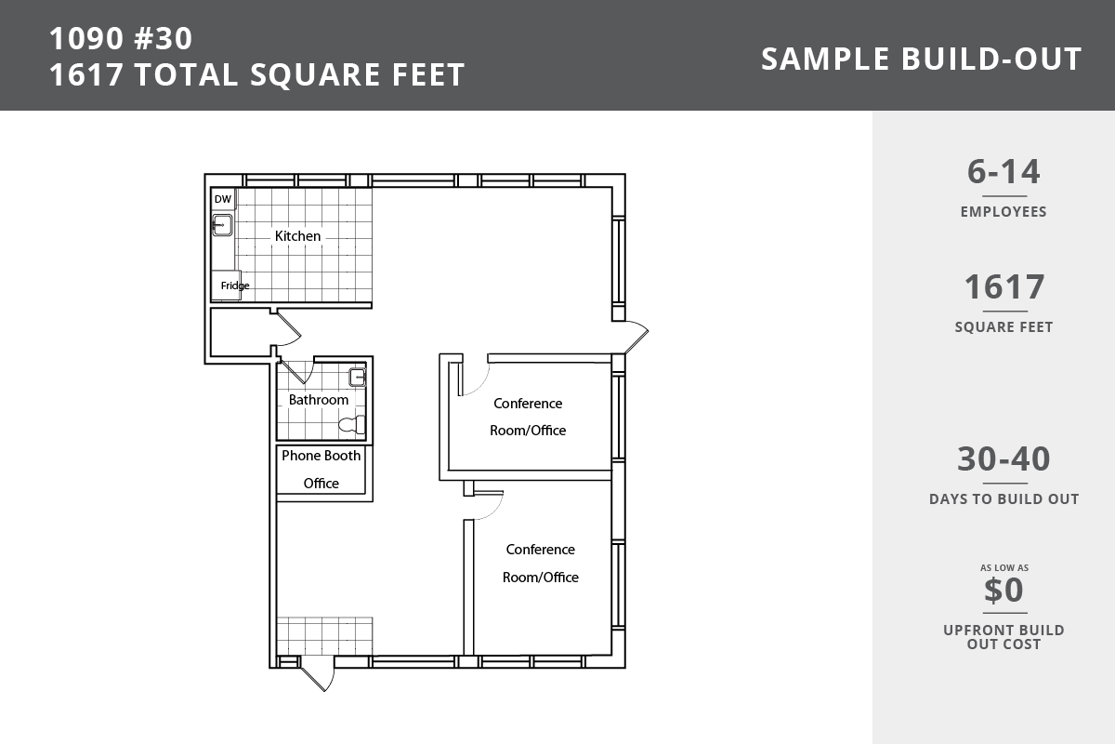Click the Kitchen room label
click(297, 235)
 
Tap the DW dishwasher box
click(223, 199)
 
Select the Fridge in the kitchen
click(227, 285)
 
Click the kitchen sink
click(222, 225)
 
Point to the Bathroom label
click(319, 400)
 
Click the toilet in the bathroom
click(352, 425)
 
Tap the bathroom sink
click(358, 378)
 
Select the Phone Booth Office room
click(321, 469)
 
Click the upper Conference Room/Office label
click(528, 417)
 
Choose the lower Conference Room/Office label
click(541, 563)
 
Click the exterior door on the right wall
click(636, 337)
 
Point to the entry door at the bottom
click(318, 673)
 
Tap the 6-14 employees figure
click(1003, 172)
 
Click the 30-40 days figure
click(1003, 458)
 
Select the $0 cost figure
click(1003, 590)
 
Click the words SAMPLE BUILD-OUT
click(922, 59)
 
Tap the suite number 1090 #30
click(121, 38)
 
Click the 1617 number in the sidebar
click(1004, 287)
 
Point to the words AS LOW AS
click(1004, 567)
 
